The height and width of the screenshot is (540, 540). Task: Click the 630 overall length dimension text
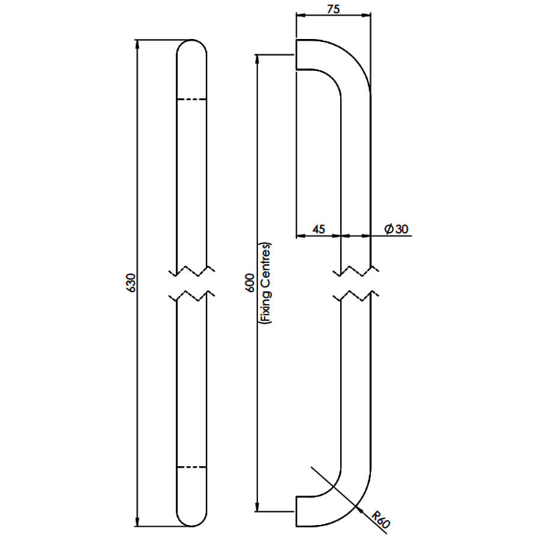[x=131, y=283]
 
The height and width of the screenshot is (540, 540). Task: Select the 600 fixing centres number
[x=250, y=283]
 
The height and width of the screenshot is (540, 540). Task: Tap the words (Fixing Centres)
[x=265, y=283]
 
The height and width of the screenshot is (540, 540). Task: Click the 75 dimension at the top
[x=334, y=9]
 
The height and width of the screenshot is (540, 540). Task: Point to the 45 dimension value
[x=319, y=229]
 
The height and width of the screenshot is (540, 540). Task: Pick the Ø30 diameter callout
[x=396, y=229]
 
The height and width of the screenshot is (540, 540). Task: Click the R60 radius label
[x=381, y=520]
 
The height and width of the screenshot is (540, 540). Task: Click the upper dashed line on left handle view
[x=191, y=100]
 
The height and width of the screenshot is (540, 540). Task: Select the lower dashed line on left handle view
[x=191, y=467]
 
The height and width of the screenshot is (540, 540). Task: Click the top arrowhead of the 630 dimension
[x=137, y=44]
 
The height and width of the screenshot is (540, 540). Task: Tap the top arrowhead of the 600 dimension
[x=257, y=59]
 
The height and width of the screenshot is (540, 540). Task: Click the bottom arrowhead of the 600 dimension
[x=257, y=507]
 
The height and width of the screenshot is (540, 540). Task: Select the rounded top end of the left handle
[x=191, y=41]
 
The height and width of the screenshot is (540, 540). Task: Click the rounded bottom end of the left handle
[x=191, y=525]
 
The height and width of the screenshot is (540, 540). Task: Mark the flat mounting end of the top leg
[x=296, y=55]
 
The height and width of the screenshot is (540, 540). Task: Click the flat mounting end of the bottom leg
[x=296, y=511]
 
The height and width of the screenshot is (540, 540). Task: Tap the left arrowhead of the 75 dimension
[x=301, y=15]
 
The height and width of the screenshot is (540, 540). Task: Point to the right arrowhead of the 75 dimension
[x=366, y=15]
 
